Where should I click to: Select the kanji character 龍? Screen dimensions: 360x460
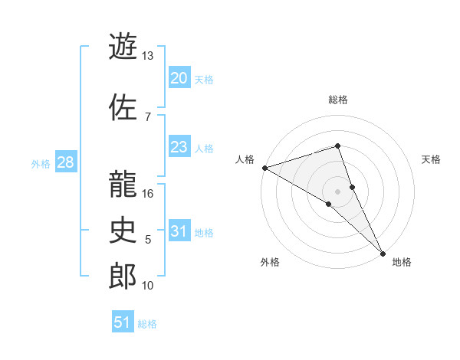(x=123, y=183)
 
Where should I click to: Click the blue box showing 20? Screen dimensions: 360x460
(x=179, y=78)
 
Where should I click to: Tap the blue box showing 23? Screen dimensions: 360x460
(x=179, y=148)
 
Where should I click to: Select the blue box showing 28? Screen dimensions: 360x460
(x=65, y=163)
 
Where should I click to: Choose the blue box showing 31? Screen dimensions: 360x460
(x=179, y=232)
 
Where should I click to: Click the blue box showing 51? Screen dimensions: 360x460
(x=123, y=322)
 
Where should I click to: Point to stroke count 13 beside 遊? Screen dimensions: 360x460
(x=148, y=56)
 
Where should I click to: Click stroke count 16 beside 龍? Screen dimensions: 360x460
(x=148, y=194)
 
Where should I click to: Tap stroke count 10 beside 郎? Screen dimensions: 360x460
(x=148, y=286)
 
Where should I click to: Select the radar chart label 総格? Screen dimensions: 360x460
(x=338, y=100)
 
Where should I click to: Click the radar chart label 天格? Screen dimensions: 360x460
(x=431, y=159)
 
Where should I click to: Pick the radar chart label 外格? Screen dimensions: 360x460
(x=270, y=262)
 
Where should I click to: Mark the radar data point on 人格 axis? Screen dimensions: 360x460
(x=264, y=168)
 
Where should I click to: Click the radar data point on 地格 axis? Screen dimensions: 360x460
(x=383, y=252)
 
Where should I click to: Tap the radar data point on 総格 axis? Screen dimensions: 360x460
(x=338, y=146)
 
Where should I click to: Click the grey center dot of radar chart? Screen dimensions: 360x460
(x=338, y=191)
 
